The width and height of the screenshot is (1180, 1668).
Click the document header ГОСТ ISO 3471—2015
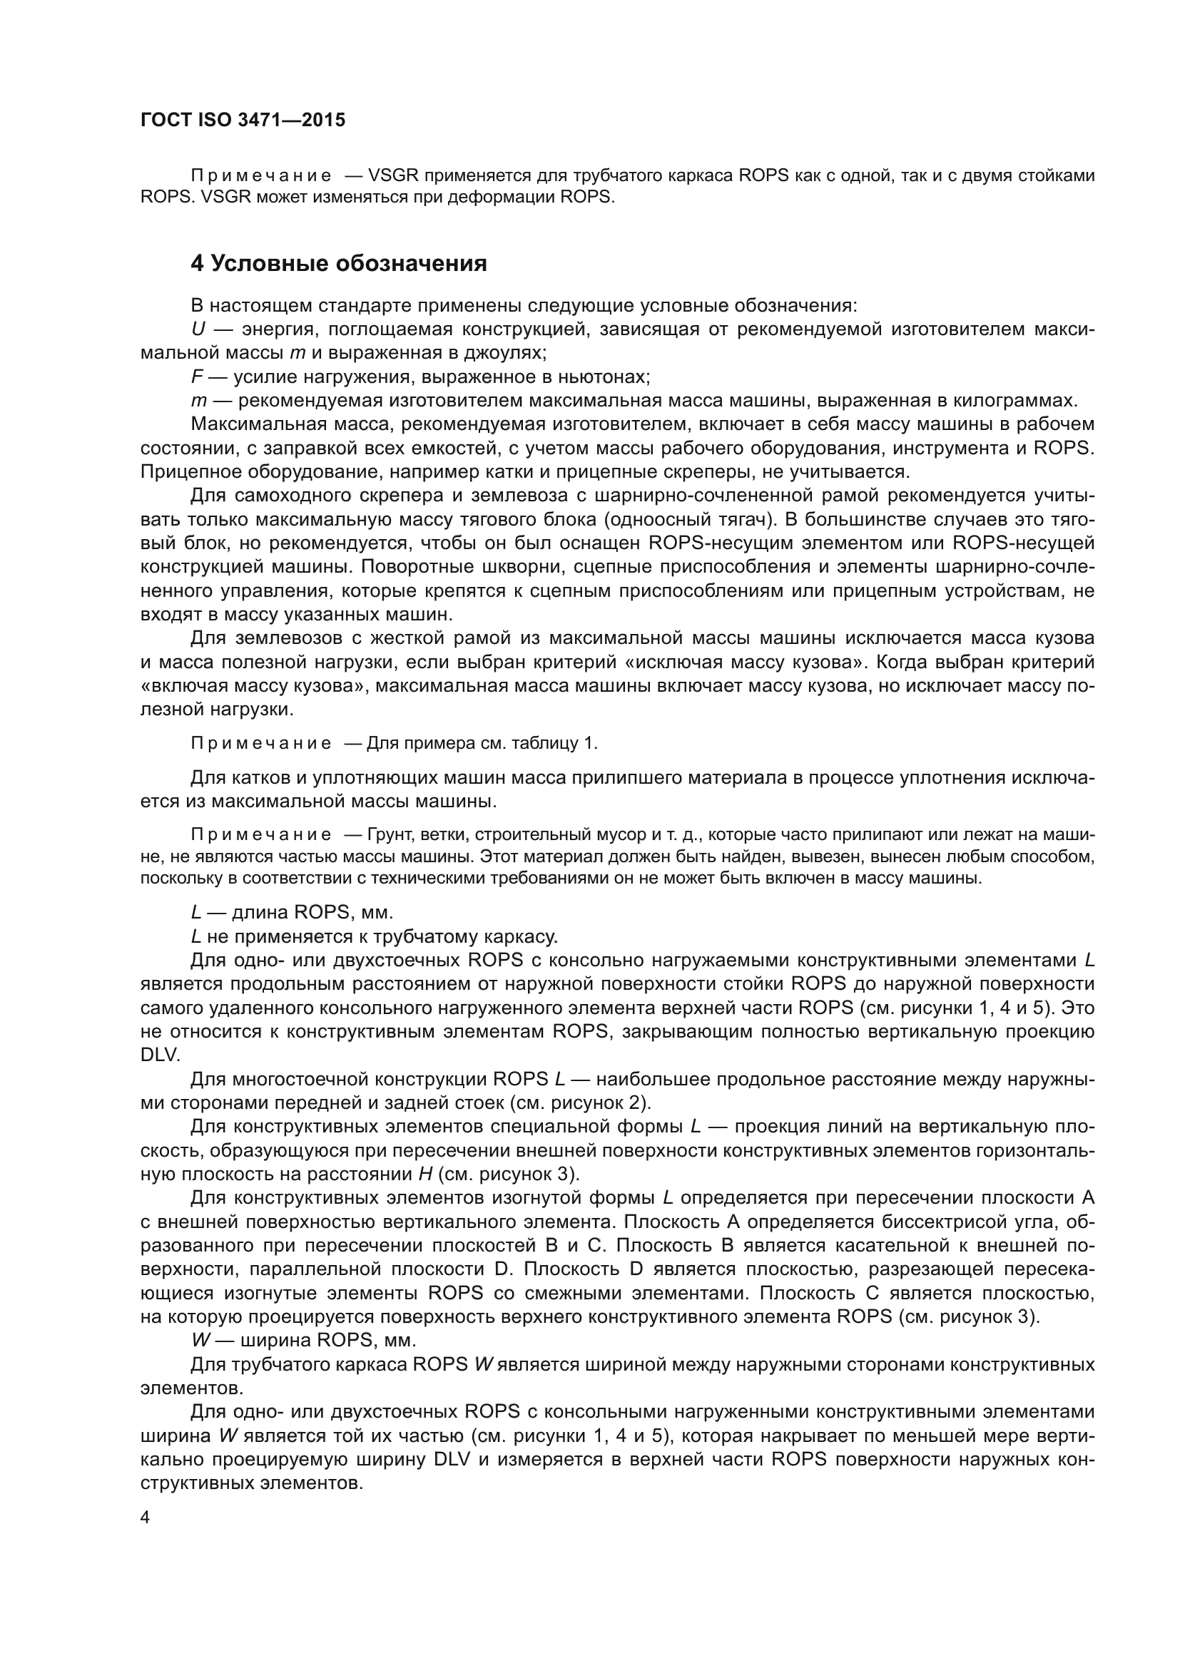point(243,121)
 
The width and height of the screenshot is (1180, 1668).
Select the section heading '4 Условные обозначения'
point(339,263)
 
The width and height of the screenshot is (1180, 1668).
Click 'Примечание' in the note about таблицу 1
point(261,743)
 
